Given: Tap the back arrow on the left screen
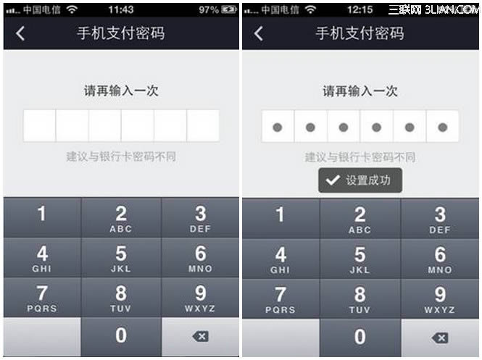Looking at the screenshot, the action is point(20,33).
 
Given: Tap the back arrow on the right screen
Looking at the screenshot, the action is point(259,33).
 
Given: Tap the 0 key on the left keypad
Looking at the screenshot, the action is point(121,337).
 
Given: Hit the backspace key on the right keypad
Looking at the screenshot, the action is point(440,338).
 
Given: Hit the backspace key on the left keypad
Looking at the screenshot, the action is point(201,337).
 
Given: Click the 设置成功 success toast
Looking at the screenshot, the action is point(360,180).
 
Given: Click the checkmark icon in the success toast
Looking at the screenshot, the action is point(333,180).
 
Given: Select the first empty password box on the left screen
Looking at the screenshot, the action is point(40,125).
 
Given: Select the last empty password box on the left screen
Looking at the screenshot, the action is point(203,125).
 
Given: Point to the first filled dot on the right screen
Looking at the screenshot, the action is point(278,127).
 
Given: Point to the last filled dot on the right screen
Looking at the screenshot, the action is point(443,127).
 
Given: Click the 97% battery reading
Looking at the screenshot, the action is point(209,10).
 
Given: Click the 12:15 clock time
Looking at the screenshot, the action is point(360,10).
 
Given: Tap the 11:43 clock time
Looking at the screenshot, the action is point(121,10).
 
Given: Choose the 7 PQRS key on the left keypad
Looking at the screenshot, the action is point(42,298).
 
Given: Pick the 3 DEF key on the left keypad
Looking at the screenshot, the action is point(201,218).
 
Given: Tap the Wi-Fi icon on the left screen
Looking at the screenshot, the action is point(72,10).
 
